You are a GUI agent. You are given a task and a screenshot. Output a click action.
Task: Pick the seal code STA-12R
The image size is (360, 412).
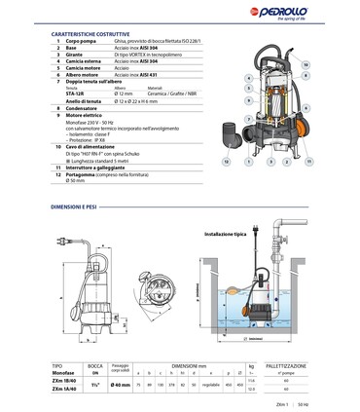click(x=71, y=95)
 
